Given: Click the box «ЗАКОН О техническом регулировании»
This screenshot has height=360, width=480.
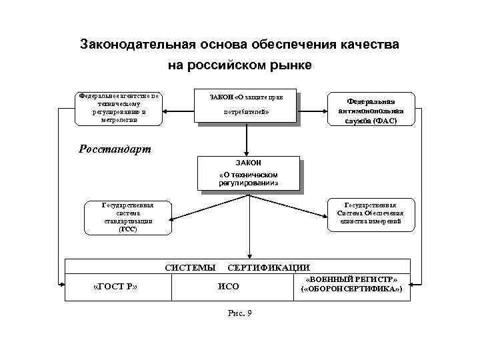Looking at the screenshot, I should pos(248,174).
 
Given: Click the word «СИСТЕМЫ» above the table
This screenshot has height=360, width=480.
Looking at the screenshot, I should pos(190,267).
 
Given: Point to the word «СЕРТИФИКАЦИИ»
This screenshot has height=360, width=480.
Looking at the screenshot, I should pos(269,267).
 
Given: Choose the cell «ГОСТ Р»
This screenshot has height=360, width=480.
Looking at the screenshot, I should pos(117,287).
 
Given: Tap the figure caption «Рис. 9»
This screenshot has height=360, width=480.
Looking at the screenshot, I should pos(239,314).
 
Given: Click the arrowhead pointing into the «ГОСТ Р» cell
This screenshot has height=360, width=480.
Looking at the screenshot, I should pos(63,284).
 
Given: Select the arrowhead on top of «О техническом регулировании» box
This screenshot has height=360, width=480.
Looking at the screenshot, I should pos(247,153).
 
